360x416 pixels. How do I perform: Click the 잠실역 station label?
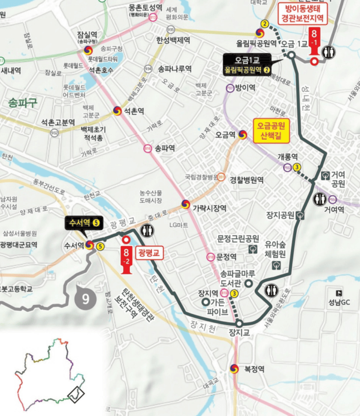click(x=87, y=34)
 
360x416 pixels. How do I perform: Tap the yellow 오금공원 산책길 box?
click(x=271, y=131)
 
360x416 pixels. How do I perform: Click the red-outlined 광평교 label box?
click(x=149, y=253)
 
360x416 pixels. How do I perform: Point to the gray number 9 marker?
click(x=86, y=299)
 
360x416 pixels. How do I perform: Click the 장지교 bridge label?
click(x=239, y=333)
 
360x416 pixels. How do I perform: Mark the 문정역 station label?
click(x=226, y=257)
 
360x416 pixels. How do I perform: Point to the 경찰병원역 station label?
click(x=247, y=180)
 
